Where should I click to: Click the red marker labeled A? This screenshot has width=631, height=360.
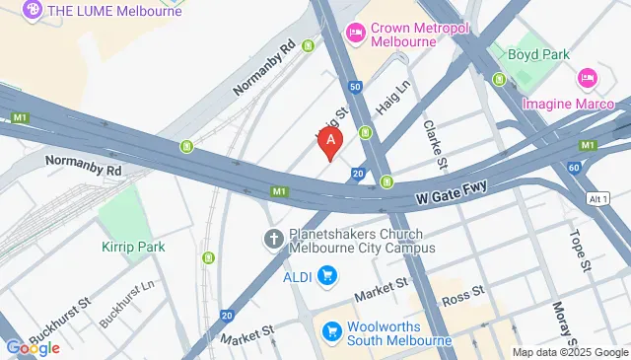(x=331, y=143)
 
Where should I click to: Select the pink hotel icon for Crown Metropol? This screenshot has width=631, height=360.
(x=355, y=35)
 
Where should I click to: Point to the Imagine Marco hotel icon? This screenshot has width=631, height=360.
(x=588, y=76)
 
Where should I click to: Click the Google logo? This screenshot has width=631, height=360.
(x=33, y=347)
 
